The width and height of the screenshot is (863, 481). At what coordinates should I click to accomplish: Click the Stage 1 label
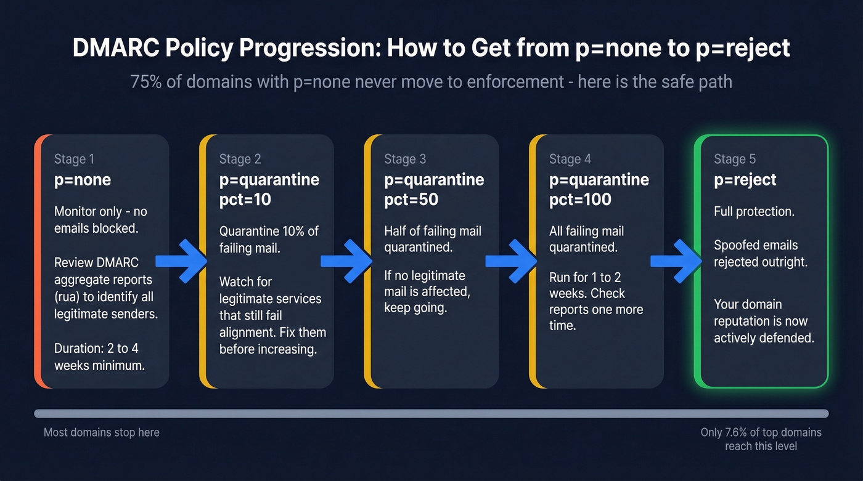coord(74,159)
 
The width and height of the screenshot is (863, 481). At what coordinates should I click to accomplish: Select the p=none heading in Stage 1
coord(83,180)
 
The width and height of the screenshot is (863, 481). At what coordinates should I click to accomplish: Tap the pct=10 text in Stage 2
coord(245,200)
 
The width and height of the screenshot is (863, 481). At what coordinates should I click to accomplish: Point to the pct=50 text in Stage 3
coord(411,200)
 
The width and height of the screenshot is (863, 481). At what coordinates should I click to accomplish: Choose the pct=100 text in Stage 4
coord(580,200)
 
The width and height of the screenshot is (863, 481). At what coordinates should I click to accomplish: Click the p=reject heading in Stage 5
coord(745,180)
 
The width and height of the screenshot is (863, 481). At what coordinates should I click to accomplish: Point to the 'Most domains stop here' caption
coord(102,432)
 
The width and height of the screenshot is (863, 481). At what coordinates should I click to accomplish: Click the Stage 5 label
coord(734,159)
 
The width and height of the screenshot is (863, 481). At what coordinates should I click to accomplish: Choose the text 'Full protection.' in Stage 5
coord(754,212)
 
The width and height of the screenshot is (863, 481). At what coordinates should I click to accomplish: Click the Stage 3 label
coord(405,159)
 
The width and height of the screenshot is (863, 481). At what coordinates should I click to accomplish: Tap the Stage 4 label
coord(570,159)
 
